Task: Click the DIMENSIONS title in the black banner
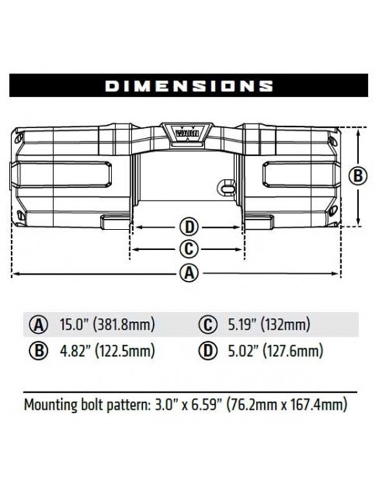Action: (x=189, y=86)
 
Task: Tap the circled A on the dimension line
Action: (x=188, y=273)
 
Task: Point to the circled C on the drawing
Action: (x=188, y=249)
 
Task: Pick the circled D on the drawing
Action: (x=188, y=227)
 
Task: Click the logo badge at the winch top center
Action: (x=189, y=132)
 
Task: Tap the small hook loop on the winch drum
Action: (x=224, y=186)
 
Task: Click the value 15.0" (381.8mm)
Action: (x=107, y=324)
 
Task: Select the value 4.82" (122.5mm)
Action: (x=107, y=351)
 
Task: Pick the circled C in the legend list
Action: (x=208, y=324)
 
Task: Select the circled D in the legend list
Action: (x=208, y=351)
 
